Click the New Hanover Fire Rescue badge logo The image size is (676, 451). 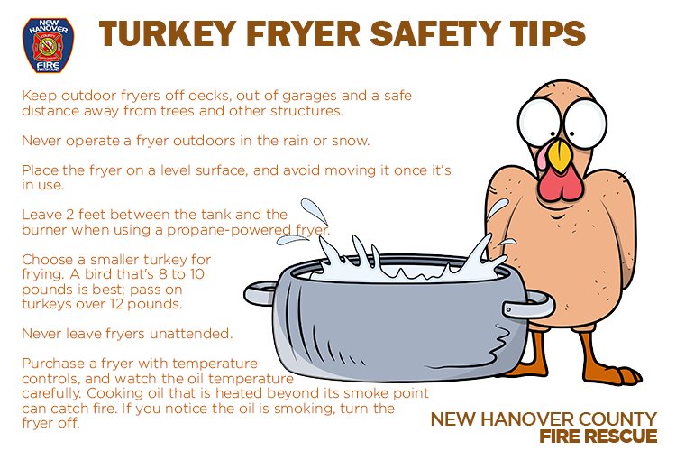click(x=48, y=45)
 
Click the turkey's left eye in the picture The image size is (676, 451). click(x=540, y=121)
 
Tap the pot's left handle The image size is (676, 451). click(x=259, y=292)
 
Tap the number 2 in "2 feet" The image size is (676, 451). click(x=70, y=215)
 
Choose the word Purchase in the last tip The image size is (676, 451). click(x=54, y=364)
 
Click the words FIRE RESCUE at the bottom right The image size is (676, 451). click(x=598, y=436)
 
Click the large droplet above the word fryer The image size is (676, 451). click(x=315, y=212)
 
